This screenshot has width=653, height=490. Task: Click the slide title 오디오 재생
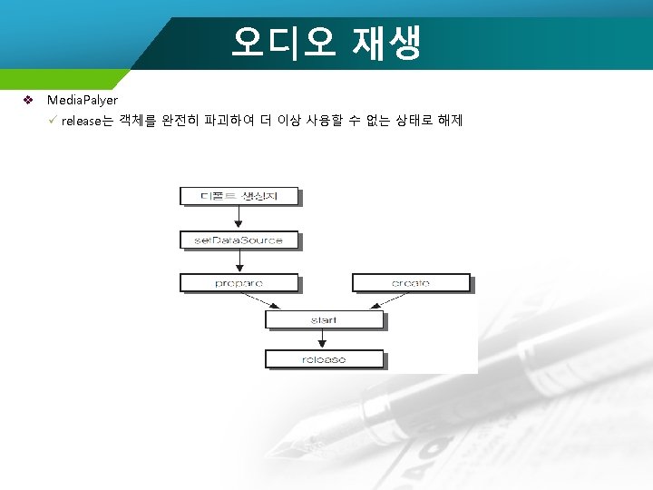point(326,43)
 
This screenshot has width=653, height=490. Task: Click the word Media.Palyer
point(82,100)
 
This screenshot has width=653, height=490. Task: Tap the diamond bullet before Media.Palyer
point(28,100)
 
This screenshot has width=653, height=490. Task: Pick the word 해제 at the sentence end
point(450,121)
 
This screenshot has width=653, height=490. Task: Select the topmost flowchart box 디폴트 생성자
point(239,195)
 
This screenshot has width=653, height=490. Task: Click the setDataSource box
point(239,240)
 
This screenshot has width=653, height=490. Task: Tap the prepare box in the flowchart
point(239,283)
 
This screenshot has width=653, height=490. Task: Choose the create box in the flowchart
point(411,283)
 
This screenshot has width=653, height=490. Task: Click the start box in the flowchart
point(324,320)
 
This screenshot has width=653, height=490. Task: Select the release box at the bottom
point(324,359)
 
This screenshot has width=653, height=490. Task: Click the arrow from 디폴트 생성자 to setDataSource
point(239,217)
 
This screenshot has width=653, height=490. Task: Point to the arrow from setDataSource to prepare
point(239,261)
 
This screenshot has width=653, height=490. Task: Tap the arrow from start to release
point(324,339)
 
